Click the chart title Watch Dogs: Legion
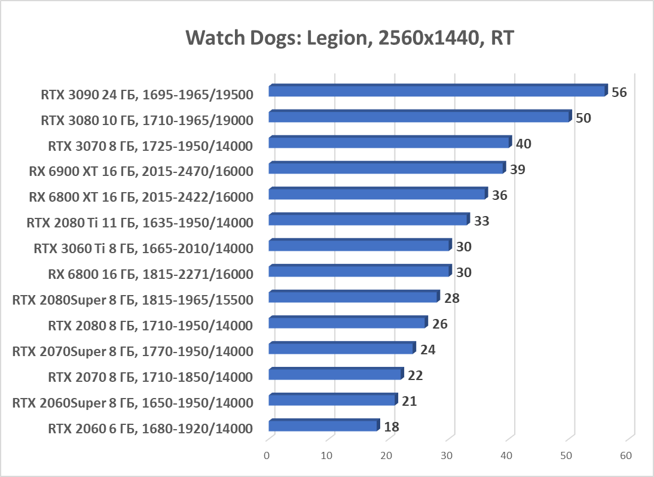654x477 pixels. (350, 38)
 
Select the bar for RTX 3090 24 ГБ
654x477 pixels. (437, 91)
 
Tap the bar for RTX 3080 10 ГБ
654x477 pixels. (419, 117)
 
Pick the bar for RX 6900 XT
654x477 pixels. (386, 168)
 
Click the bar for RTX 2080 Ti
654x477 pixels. (368, 220)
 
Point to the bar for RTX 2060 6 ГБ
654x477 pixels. (323, 426)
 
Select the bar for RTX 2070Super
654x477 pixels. (341, 348)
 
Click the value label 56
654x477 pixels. (619, 93)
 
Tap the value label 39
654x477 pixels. (518, 170)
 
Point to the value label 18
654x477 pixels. (392, 427)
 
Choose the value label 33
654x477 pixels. (482, 221)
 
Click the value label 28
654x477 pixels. (452, 298)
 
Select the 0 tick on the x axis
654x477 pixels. (267, 456)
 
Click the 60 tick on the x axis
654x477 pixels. (626, 456)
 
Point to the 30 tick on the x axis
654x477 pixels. (447, 456)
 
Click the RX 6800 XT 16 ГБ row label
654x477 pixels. (141, 197)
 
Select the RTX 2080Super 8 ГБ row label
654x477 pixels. (133, 300)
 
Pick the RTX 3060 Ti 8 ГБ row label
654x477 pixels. (143, 248)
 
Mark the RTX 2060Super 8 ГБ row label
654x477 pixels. (133, 403)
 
